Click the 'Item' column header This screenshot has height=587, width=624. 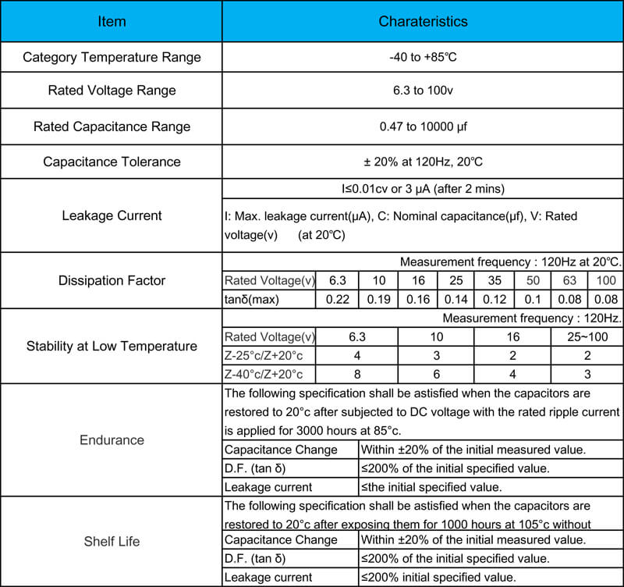112,21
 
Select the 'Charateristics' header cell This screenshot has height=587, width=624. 423,21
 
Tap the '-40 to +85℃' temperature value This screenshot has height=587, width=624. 423,57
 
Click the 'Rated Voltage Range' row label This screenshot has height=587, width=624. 112,91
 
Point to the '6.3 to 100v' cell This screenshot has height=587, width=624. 423,91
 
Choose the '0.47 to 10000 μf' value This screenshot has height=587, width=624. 423,126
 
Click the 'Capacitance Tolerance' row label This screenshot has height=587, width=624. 112,162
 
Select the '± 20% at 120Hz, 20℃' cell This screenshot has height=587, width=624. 423,162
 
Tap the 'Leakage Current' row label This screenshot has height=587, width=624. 112,215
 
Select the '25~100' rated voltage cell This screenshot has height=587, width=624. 587,337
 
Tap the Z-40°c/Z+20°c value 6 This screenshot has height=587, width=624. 435,374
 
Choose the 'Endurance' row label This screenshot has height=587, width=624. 112,440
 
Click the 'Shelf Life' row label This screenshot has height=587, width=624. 112,541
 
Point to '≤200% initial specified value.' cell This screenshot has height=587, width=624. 438,578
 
